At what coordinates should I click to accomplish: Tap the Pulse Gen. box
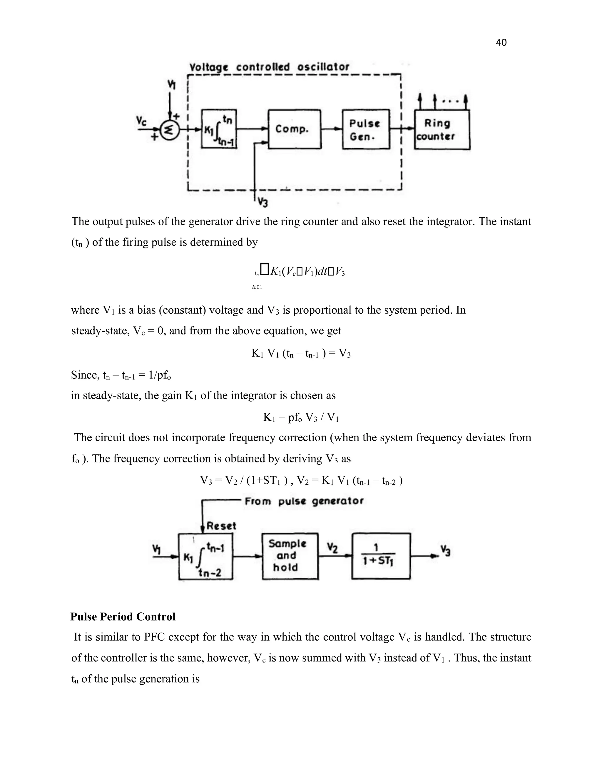click(x=366, y=129)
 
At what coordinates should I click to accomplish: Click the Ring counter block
click(x=442, y=129)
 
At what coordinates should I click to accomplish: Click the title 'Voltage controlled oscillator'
click(x=269, y=67)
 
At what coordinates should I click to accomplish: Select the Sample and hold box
click(x=290, y=556)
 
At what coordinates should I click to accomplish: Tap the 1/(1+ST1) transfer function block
click(x=381, y=556)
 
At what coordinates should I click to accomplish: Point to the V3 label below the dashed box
click(x=263, y=202)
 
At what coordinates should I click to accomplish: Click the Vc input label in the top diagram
click(x=142, y=121)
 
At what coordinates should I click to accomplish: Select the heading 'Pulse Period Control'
click(x=123, y=617)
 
